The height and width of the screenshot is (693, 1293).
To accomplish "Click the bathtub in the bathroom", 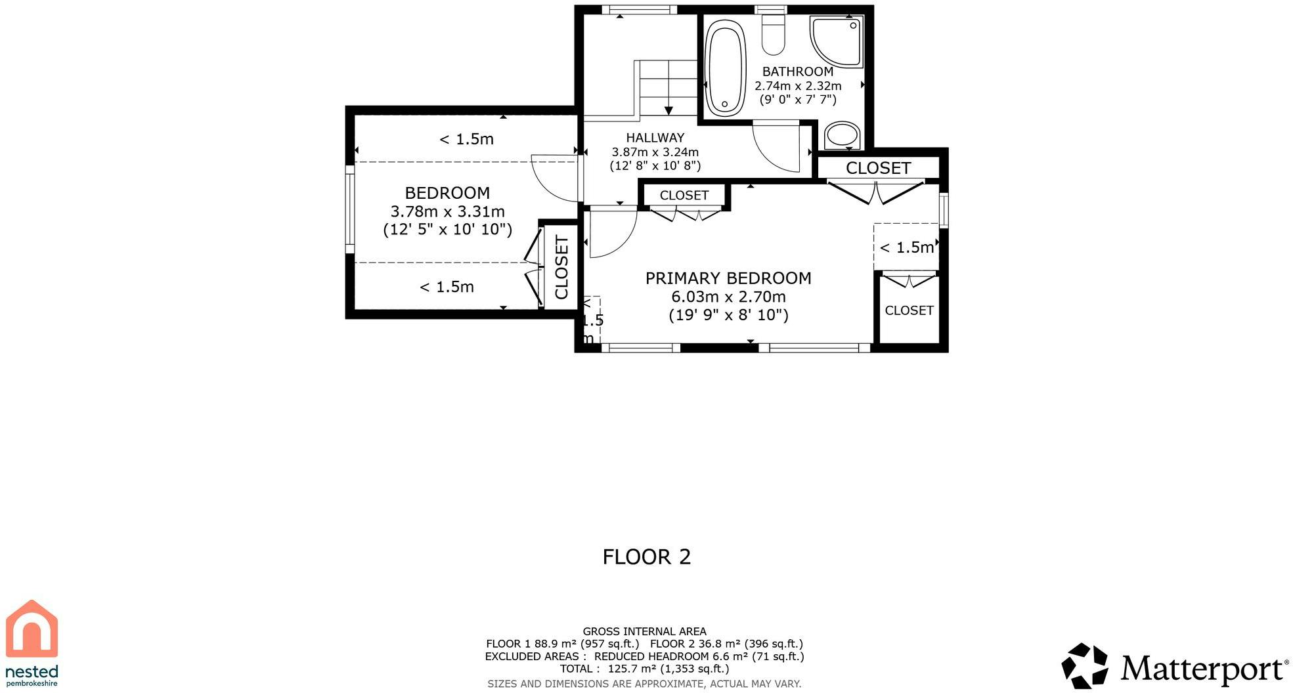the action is click(x=726, y=68).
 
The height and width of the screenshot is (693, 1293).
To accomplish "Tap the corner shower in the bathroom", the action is click(x=837, y=41).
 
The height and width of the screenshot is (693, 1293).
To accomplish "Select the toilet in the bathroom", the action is click(x=773, y=34).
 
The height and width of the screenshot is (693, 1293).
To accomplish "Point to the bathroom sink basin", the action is click(x=843, y=136).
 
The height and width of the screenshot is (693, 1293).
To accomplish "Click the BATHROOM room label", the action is click(x=798, y=72).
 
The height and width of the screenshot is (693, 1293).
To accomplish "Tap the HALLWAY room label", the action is click(x=655, y=138).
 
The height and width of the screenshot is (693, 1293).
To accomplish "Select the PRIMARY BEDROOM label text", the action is click(x=728, y=278).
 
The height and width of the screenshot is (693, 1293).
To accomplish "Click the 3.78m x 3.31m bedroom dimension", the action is click(x=447, y=211).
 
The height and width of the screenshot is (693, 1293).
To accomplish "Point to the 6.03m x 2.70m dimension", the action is click(x=728, y=297).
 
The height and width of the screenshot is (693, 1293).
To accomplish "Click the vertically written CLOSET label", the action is click(x=561, y=268).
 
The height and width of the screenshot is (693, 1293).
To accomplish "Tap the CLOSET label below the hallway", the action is click(x=684, y=196).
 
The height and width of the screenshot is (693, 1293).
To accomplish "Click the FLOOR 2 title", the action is click(x=647, y=557).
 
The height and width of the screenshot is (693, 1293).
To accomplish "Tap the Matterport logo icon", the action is click(x=1085, y=666).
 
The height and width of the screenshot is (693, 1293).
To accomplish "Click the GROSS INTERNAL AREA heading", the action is click(x=644, y=631).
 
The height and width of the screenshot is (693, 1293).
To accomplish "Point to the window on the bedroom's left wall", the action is click(x=350, y=208).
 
